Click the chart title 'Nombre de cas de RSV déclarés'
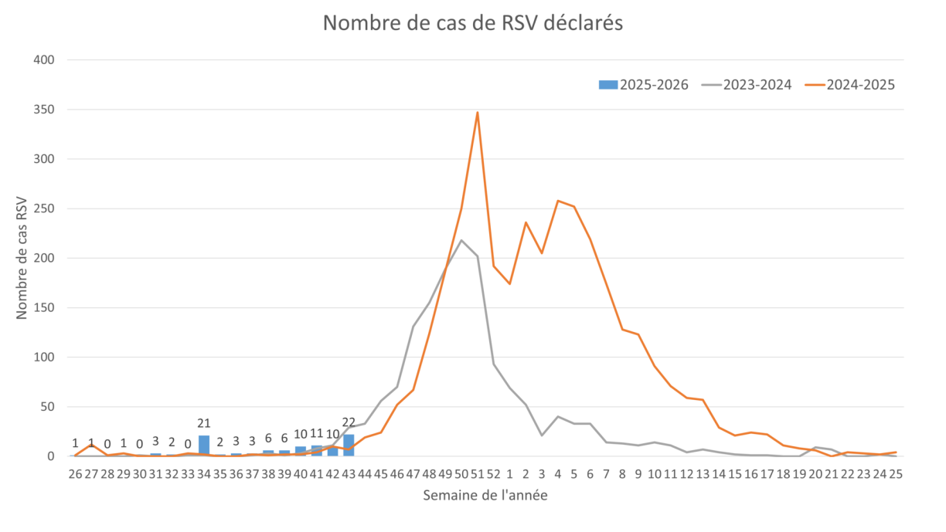coord(472,24)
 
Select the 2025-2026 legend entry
coord(644,85)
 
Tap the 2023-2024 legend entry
coord(747,85)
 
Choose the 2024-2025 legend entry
coord(849,85)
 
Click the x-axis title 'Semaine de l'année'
coord(485,496)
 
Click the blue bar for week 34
coord(204,446)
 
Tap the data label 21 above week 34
coord(204,423)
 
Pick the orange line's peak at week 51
coord(478,111)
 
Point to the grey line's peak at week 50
coord(462,239)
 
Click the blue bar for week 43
coord(349,446)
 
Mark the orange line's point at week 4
coord(558,201)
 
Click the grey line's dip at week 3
coord(542,435)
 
